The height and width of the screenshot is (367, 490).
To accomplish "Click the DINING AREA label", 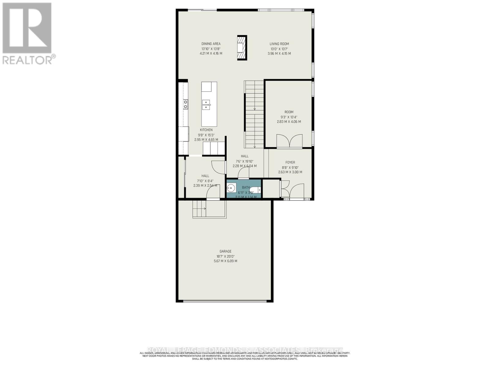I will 211,44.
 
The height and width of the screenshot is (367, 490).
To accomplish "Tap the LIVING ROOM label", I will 279,44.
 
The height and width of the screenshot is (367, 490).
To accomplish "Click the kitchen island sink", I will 206,105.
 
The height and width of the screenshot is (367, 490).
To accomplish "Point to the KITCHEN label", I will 206,130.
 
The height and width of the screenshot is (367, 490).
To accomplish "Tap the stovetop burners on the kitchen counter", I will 185,104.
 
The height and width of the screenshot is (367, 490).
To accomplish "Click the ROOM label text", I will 289,112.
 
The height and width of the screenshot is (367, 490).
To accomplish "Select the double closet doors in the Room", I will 289,141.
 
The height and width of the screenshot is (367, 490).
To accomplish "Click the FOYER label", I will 290,162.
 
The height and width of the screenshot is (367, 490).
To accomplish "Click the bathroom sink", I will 231,188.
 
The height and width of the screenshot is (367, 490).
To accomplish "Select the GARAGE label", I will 225,251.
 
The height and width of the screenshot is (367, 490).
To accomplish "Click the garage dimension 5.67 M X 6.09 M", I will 225,261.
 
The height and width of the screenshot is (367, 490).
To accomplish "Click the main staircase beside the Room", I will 254,115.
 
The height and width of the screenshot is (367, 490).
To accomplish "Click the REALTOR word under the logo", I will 27,60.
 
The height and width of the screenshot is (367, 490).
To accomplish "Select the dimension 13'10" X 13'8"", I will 211,49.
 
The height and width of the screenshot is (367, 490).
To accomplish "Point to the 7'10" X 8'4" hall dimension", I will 205,181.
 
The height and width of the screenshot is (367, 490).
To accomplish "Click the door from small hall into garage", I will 213,194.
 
